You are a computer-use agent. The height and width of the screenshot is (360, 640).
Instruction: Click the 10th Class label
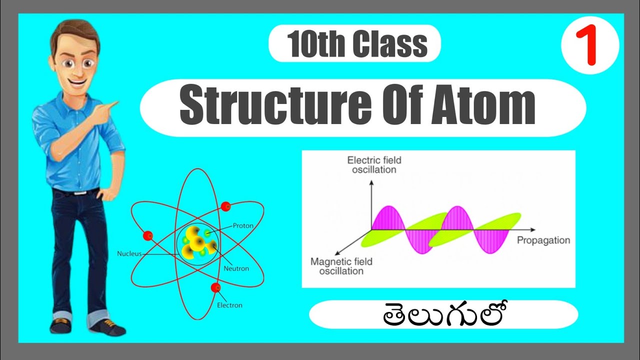pyautogui.click(x=356, y=44)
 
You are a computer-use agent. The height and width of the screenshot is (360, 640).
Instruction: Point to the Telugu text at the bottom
pyautogui.click(x=444, y=314)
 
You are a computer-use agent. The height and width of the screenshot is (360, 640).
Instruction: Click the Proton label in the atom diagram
pyautogui.click(x=243, y=226)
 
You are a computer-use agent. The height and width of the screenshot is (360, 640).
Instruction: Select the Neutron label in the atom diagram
pyautogui.click(x=236, y=268)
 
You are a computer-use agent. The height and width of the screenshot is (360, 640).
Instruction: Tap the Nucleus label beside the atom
pyautogui.click(x=129, y=253)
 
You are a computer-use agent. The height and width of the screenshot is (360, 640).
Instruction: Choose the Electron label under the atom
pyautogui.click(x=229, y=305)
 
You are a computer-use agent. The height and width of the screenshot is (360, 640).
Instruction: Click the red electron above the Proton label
pyautogui.click(x=225, y=206)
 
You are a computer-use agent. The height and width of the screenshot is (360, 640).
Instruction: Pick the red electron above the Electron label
pyautogui.click(x=215, y=287)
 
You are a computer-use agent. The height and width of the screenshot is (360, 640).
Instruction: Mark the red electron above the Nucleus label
pyautogui.click(x=147, y=235)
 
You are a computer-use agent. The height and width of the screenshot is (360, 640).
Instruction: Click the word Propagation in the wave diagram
pyautogui.click(x=543, y=240)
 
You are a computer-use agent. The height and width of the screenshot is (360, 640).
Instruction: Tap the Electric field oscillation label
pyautogui.click(x=374, y=165)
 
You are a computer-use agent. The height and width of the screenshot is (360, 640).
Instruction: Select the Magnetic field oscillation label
pyautogui.click(x=341, y=266)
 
